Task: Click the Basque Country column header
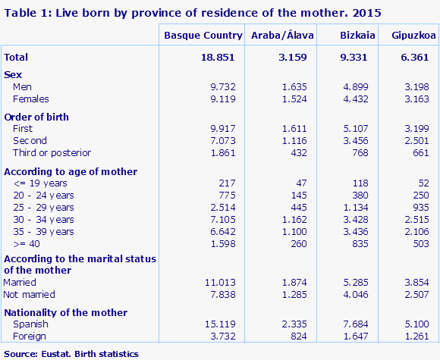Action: [203, 36]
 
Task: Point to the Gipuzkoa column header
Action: [407, 36]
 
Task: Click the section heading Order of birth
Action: [36, 117]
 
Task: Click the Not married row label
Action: [30, 294]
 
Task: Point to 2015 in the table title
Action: [367, 12]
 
